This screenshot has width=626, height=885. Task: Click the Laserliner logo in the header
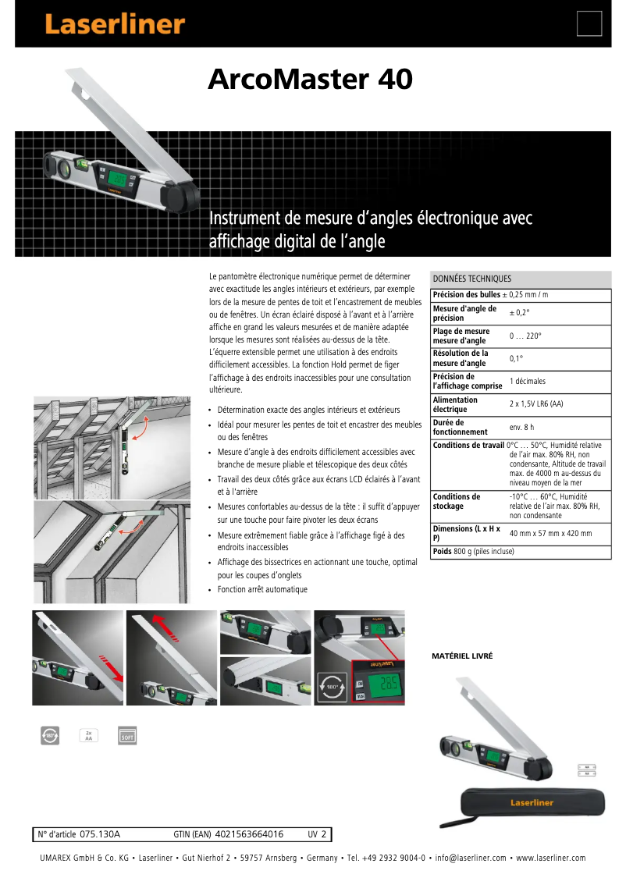pyautogui.click(x=114, y=24)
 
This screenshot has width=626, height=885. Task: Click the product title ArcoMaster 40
pyautogui.click(x=310, y=80)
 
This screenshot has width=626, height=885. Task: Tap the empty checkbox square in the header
pyautogui.click(x=589, y=24)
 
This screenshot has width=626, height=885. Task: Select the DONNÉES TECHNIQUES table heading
pyautogui.click(x=472, y=279)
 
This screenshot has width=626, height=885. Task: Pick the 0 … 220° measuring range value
pyautogui.click(x=525, y=336)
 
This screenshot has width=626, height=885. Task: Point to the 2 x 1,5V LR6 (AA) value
pyautogui.click(x=536, y=404)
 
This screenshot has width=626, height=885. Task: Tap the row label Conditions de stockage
pyautogui.click(x=457, y=501)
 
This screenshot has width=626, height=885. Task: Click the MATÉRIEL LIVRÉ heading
pyautogui.click(x=462, y=656)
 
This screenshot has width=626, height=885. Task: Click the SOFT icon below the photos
pyautogui.click(x=126, y=735)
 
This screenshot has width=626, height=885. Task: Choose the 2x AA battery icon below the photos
pyautogui.click(x=88, y=735)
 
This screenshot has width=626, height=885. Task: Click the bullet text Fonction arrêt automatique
pyautogui.click(x=262, y=589)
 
